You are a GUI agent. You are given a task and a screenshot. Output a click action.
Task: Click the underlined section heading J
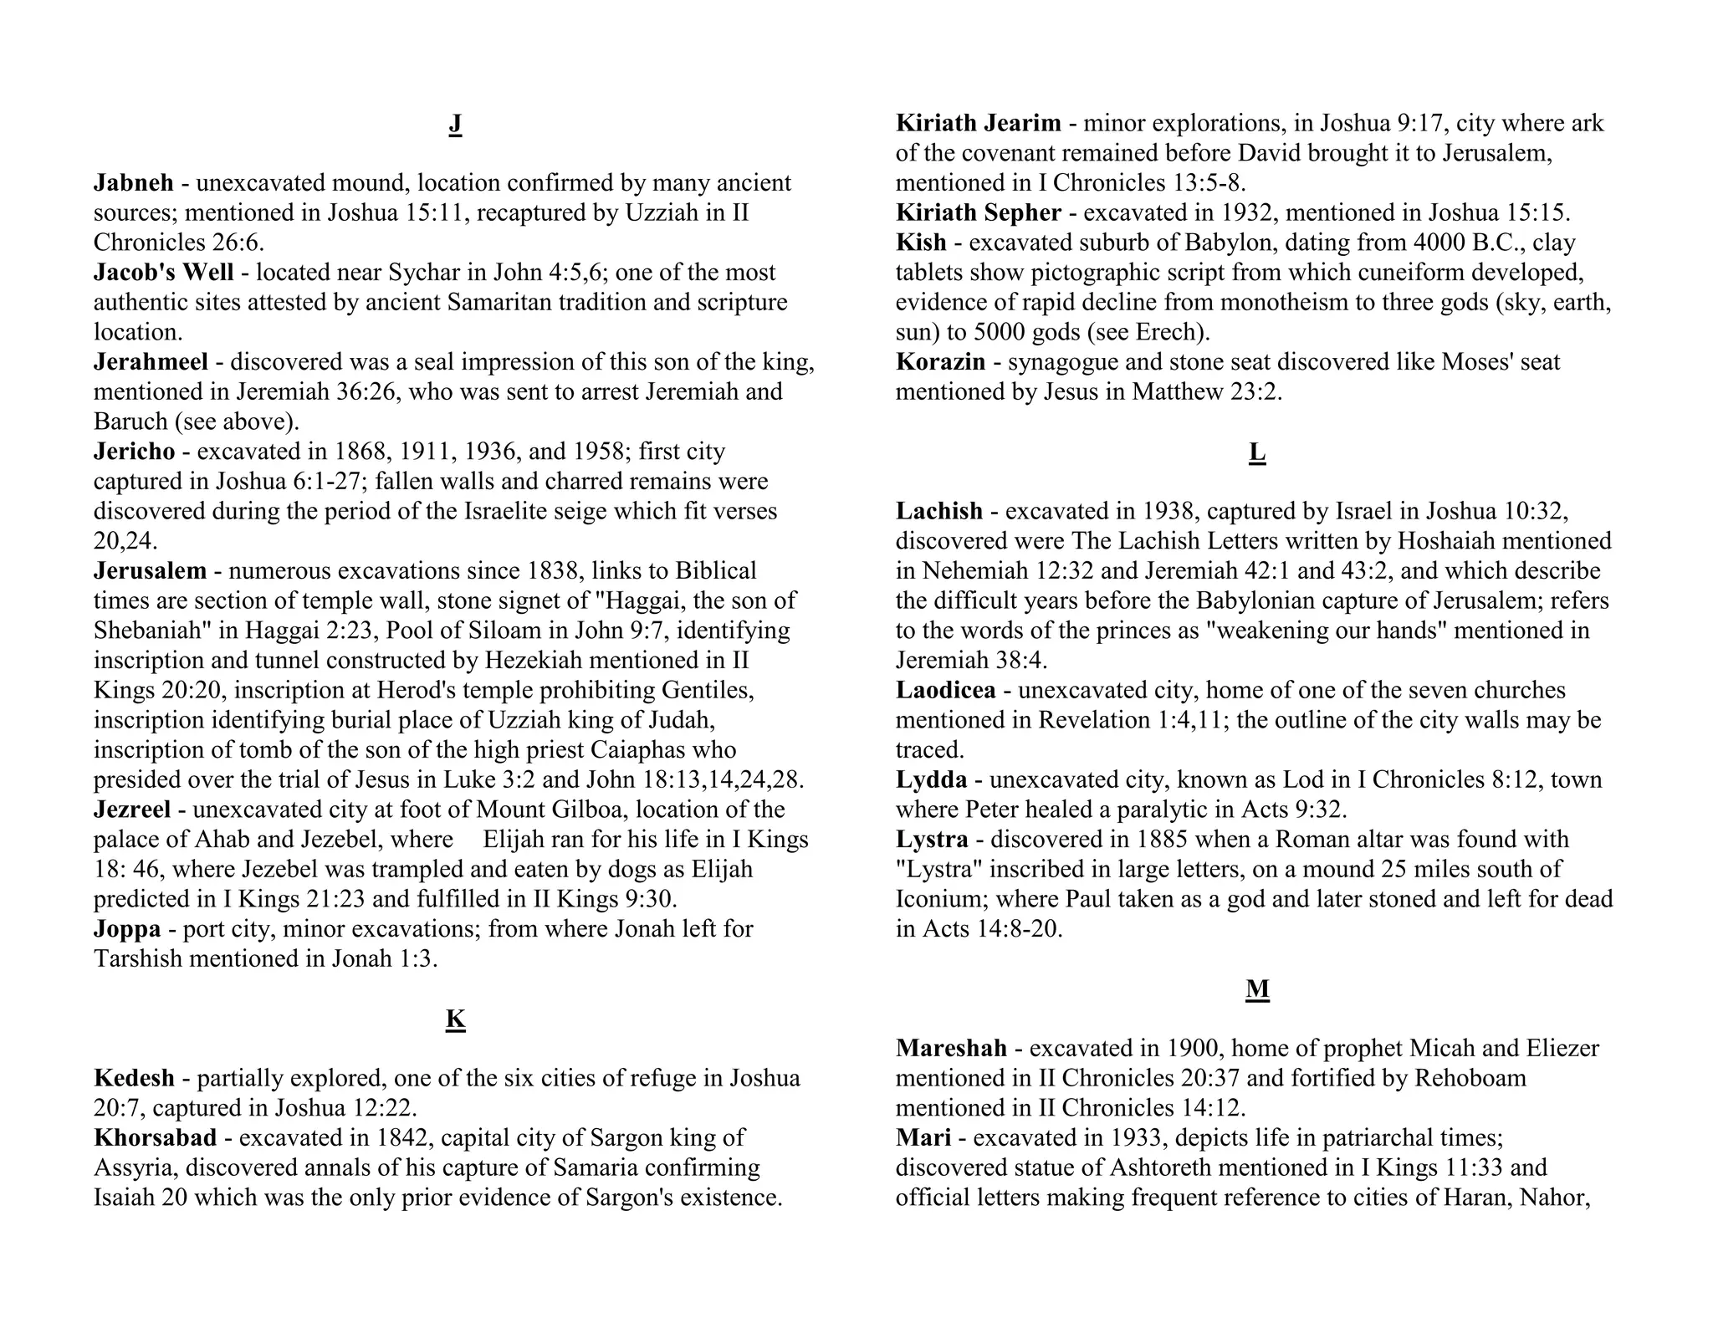click(455, 124)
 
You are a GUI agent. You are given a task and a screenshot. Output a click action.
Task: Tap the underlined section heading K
click(455, 1019)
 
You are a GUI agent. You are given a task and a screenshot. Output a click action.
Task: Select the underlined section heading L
click(1256, 452)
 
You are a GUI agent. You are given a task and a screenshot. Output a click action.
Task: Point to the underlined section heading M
click(1257, 989)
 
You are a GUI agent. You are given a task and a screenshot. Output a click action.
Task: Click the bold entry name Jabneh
click(134, 183)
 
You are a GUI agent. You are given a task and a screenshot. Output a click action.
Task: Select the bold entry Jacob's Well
click(164, 273)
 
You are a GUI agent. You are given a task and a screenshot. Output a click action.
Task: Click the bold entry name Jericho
click(135, 452)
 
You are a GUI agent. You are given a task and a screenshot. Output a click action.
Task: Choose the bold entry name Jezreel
click(132, 810)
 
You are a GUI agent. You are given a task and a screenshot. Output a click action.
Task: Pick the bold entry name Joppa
click(127, 929)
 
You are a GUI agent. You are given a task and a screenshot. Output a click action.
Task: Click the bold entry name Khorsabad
click(156, 1138)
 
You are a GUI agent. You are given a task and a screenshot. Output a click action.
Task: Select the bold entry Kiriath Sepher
click(979, 213)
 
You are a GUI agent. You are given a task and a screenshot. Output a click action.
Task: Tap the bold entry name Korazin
click(941, 362)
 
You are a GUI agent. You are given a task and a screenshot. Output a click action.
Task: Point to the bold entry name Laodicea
click(946, 691)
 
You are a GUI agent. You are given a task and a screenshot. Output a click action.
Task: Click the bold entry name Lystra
click(932, 840)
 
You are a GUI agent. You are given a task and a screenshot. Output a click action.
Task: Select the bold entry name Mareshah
click(951, 1049)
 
